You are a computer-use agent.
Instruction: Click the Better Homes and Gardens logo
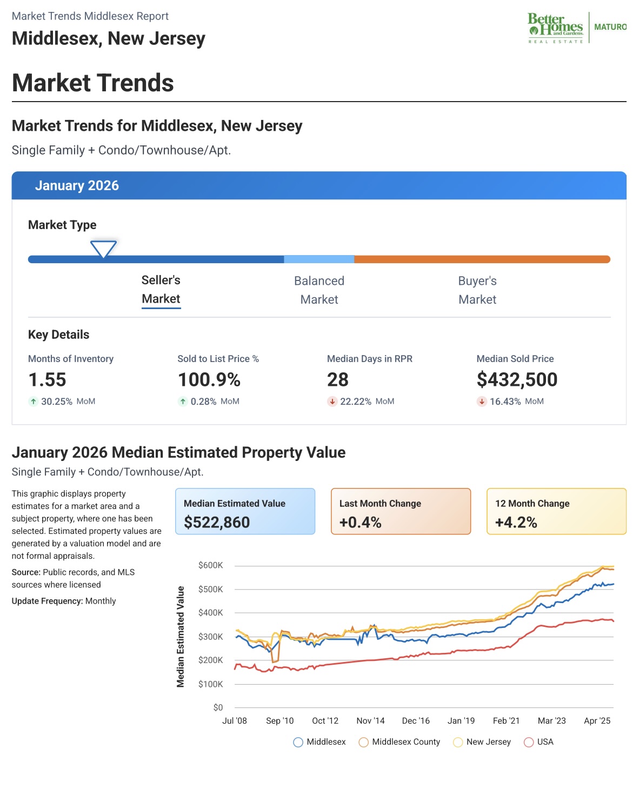point(556,28)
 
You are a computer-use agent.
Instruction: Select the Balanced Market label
point(319,290)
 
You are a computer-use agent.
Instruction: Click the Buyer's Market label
point(477,290)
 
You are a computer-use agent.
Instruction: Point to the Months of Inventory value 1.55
point(47,380)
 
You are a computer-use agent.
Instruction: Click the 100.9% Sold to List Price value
point(209,380)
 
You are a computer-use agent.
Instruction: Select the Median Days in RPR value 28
point(338,380)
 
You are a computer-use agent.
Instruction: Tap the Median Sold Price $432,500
point(517,380)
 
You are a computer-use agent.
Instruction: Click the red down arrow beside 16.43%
point(482,402)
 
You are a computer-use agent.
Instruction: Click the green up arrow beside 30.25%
point(34,402)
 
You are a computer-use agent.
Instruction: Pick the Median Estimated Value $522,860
point(217,523)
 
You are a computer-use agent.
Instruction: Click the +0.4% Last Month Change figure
point(361,523)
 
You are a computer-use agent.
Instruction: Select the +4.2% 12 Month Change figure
point(516,523)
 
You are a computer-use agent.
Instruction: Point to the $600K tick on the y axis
point(211,565)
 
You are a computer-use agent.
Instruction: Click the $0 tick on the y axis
point(218,707)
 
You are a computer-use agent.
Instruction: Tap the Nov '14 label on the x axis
point(370,721)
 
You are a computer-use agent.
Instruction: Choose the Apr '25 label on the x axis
point(597,721)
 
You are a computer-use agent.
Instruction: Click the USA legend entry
point(539,742)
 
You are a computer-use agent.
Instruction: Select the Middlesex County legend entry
point(400,742)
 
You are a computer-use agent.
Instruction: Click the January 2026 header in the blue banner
point(77,186)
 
